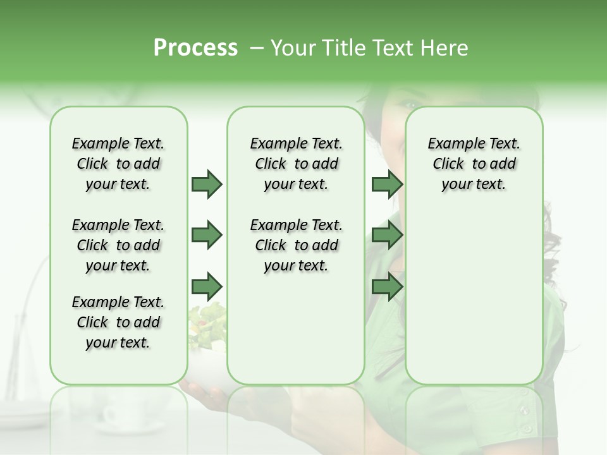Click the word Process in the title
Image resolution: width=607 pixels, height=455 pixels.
coord(195,47)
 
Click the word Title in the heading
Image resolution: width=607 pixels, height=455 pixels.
coord(341,47)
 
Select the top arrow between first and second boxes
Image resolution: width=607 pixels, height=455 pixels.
coord(207,184)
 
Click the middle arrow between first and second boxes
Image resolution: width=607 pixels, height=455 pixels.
coord(207,235)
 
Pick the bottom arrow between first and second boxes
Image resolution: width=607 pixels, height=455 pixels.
coord(207,286)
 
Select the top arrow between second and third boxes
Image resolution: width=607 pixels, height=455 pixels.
coord(386,184)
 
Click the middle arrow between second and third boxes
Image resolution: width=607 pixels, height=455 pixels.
coord(386,235)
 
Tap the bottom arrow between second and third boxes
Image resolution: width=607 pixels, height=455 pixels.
coord(386,286)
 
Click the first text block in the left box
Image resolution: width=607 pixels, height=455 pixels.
coord(118,164)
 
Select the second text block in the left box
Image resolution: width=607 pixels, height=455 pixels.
coord(118,245)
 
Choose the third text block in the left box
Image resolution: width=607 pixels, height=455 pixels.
coord(118,322)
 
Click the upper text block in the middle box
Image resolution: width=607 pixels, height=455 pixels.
coord(296,164)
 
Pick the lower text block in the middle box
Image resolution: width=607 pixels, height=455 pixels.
coord(296,245)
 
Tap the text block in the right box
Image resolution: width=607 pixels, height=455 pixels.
coord(474,164)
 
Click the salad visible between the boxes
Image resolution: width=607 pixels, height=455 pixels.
coord(209,322)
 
